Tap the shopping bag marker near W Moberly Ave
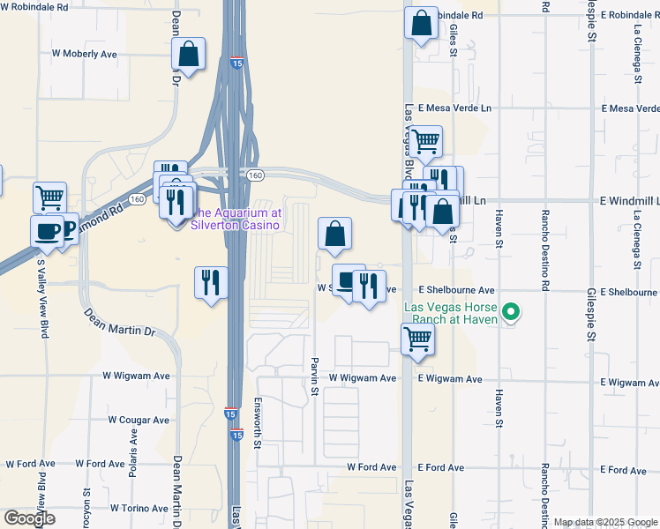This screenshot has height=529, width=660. point(189,55)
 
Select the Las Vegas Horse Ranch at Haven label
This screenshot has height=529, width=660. point(458,313)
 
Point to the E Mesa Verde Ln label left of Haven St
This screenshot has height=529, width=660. point(454,108)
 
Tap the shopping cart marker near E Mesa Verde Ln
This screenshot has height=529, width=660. point(425,141)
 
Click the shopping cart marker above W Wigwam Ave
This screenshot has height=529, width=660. point(416,339)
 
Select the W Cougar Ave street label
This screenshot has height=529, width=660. point(139,421)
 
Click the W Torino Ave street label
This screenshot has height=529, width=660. point(139,509)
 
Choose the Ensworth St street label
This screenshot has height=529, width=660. point(258,432)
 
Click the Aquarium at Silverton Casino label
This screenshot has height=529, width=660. point(236,219)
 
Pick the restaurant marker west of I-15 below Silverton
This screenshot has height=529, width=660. point(211,283)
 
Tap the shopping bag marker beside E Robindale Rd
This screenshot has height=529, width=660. point(422,24)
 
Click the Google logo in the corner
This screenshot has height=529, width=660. point(29,518)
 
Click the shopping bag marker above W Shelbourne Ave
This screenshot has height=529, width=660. point(334,234)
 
